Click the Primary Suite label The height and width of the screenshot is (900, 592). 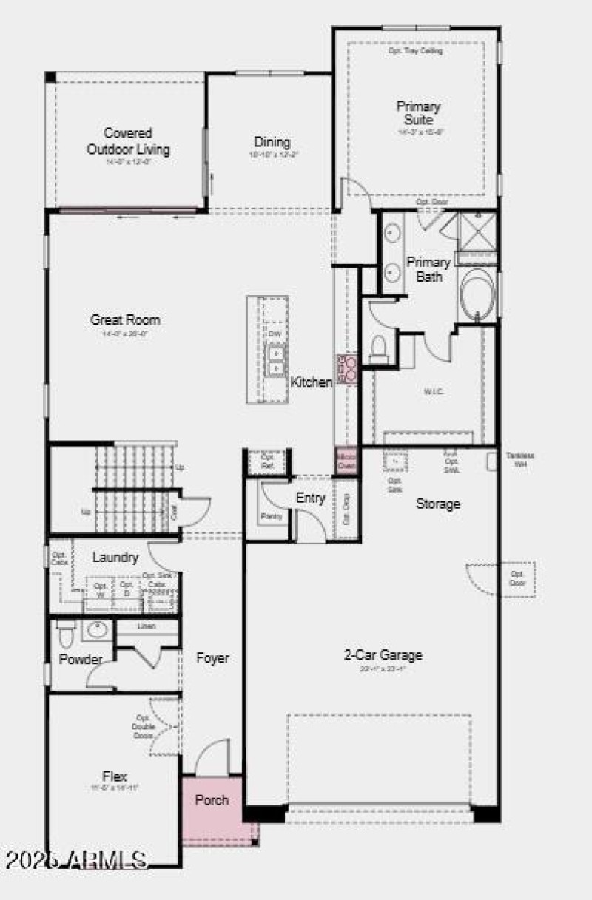pos(419,113)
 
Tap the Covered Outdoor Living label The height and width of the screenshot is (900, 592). pos(128,141)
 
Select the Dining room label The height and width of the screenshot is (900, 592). pos(272,142)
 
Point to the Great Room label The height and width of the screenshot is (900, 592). pos(125,320)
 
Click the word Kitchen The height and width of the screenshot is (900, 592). pos(311,382)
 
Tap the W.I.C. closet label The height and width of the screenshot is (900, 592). pos(434,391)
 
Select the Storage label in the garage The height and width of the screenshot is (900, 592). pos(438,504)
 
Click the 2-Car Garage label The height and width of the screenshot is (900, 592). pos(383,654)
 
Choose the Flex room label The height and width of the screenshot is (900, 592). pos(115,776)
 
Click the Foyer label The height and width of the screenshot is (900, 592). pos(212,657)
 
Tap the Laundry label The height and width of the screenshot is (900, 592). pos(115,557)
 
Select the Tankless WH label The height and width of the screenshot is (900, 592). pos(519,460)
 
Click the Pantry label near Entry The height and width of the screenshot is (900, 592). pos(272,516)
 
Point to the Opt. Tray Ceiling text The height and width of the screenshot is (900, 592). pos(415,51)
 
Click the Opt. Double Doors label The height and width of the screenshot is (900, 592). pos(144,726)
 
